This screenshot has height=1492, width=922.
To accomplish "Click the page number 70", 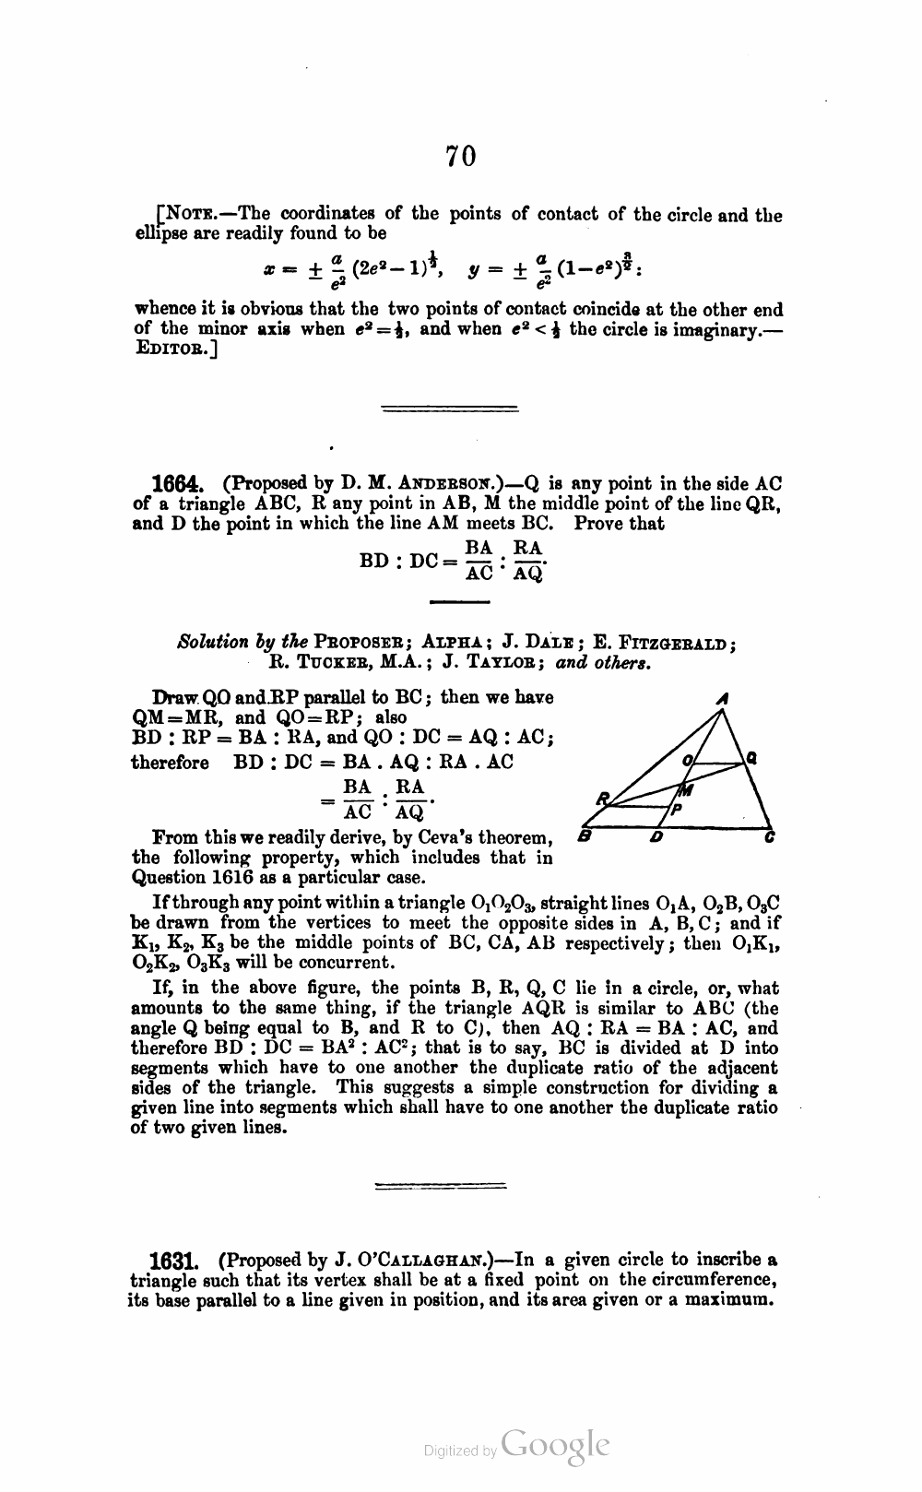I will tap(461, 157).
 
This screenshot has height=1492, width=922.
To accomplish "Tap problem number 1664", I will tap(177, 484).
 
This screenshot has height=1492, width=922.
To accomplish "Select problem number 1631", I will tap(175, 1260).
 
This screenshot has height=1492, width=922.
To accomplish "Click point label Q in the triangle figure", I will tap(752, 760).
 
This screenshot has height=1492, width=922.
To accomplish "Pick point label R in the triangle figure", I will tap(602, 796).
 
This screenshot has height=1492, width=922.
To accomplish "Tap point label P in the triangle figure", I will tap(676, 810).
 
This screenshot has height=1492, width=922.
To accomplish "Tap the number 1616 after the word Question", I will tap(238, 877).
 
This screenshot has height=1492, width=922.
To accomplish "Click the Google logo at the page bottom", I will tap(556, 1448).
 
